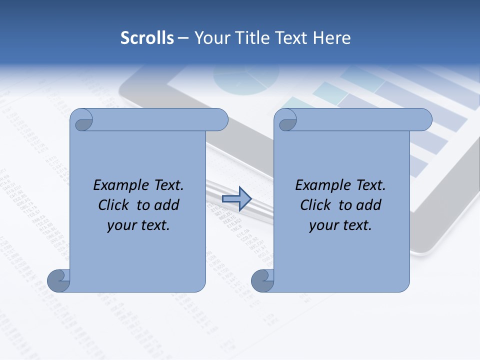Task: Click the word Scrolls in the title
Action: tap(147, 38)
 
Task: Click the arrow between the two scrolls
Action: tap(236, 199)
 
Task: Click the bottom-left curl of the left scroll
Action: tap(58, 281)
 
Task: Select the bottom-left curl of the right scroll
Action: tap(262, 281)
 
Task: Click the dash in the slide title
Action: tap(183, 38)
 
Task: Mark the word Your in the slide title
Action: tap(209, 38)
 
